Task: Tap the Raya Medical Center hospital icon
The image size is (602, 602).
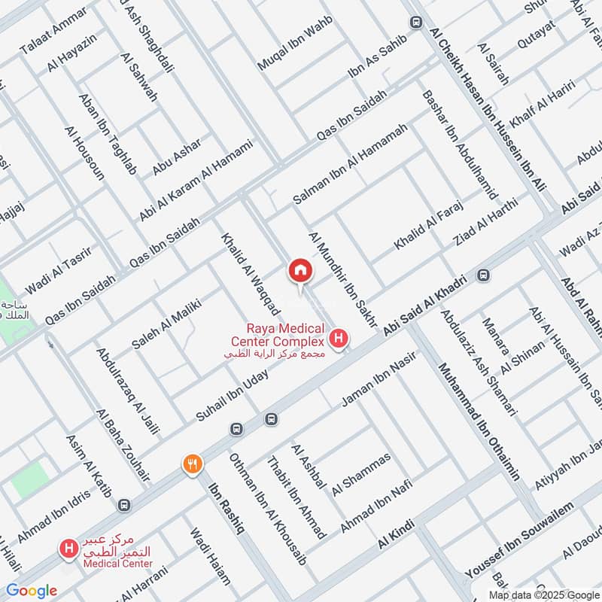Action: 339,339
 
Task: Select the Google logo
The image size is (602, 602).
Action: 32,591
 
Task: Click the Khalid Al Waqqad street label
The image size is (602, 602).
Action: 251,274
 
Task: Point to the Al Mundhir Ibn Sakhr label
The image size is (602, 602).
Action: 342,279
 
